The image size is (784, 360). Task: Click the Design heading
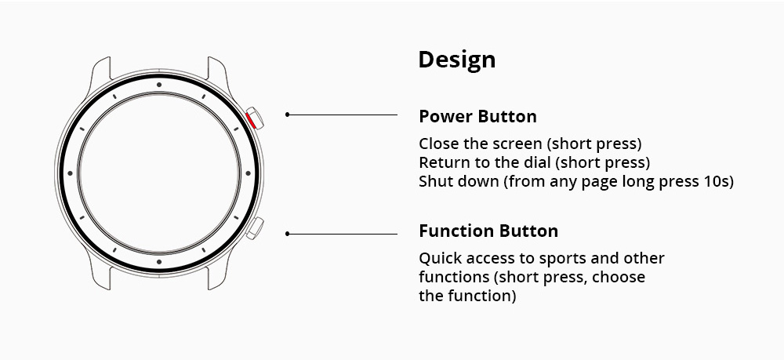456,60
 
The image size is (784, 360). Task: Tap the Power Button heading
477,117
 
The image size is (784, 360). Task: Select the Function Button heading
488,231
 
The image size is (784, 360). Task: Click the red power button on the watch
253,118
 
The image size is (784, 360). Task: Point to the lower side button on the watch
254,229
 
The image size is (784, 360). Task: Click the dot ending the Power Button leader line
288,115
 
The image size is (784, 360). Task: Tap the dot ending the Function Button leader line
288,233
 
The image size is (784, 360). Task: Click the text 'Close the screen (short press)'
530,144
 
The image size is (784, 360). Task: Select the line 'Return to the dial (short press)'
534,163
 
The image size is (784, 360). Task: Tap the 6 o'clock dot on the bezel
158,261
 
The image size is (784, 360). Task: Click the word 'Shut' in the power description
434,182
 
